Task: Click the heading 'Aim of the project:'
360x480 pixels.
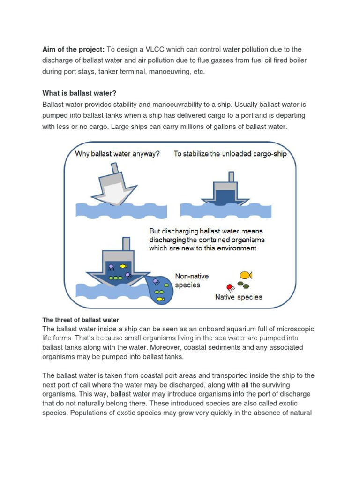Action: [73, 50]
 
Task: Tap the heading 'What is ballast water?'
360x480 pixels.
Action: [79, 93]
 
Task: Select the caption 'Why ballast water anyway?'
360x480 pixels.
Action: [118, 154]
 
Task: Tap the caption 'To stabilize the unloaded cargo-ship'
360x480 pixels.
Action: [230, 154]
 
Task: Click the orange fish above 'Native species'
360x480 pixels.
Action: [246, 275]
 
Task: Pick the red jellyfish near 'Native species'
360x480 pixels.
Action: [230, 287]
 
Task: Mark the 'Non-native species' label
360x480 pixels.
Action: [187, 280]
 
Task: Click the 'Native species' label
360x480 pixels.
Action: [239, 297]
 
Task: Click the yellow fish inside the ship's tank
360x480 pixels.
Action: [124, 266]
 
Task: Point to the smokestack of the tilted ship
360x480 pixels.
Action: [114, 168]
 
